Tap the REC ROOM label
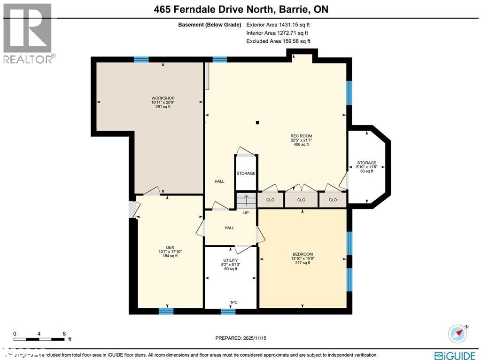(x=301, y=136)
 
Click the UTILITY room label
(x=230, y=260)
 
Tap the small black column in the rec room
(x=257, y=123)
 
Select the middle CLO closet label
(x=301, y=200)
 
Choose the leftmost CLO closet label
(x=270, y=200)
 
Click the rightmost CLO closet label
(x=333, y=200)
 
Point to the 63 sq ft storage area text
(x=366, y=171)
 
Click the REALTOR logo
(x=28, y=33)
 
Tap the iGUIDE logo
(x=453, y=355)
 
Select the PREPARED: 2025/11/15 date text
(x=244, y=338)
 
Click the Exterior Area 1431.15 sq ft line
(x=278, y=24)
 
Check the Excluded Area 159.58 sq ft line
(x=278, y=41)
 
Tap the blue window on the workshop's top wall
(x=141, y=59)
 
